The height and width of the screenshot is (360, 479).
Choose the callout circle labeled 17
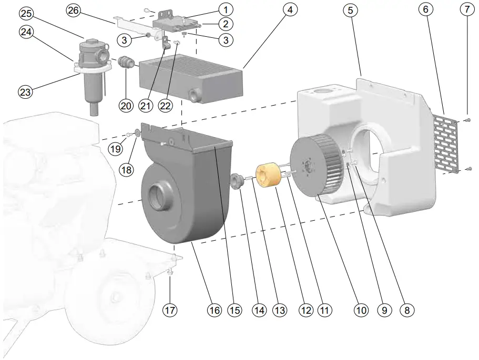169,310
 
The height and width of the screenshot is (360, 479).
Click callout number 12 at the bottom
306,310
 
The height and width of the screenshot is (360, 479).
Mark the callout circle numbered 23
25,91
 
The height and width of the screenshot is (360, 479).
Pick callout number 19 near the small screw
116,149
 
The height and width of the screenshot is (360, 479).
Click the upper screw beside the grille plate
467,120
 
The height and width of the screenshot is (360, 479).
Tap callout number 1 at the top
225,9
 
